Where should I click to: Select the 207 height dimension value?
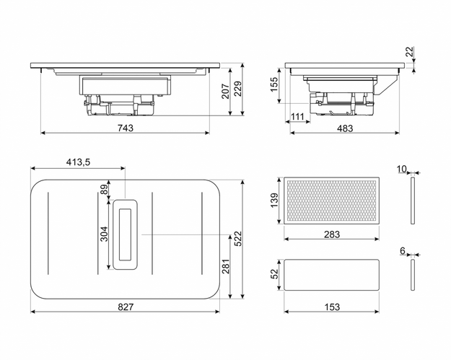point(225,92)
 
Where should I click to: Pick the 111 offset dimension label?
point(298,116)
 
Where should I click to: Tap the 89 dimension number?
point(104,190)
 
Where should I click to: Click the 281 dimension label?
point(225,268)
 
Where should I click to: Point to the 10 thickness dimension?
point(402,169)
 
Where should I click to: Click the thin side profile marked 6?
point(412,274)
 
